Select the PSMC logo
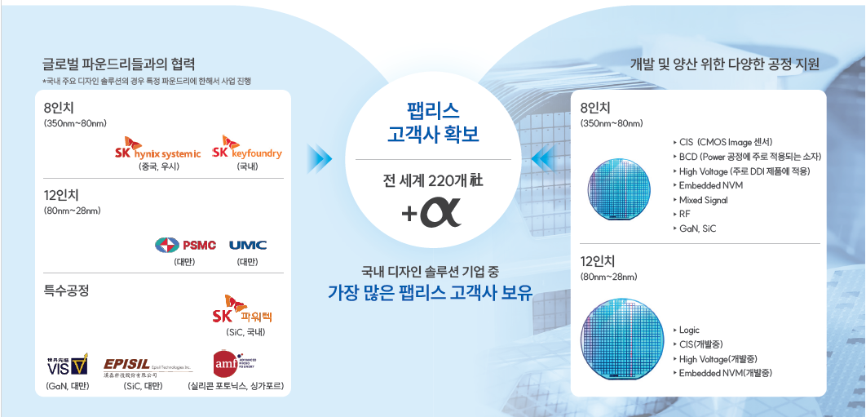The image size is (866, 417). pyautogui.click(x=185, y=245)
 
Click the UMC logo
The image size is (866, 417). pyautogui.click(x=248, y=245)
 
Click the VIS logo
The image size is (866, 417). pyautogui.click(x=68, y=364)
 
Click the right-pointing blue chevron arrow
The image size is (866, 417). pyautogui.click(x=320, y=156)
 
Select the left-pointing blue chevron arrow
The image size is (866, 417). pyautogui.click(x=542, y=156)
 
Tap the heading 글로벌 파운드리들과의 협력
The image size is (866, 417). pyautogui.click(x=119, y=64)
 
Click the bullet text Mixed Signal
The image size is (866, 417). pyautogui.click(x=705, y=200)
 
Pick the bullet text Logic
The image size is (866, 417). pyautogui.click(x=689, y=330)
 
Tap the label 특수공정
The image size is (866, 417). pyautogui.click(x=65, y=290)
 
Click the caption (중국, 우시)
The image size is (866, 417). pyautogui.click(x=158, y=167)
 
